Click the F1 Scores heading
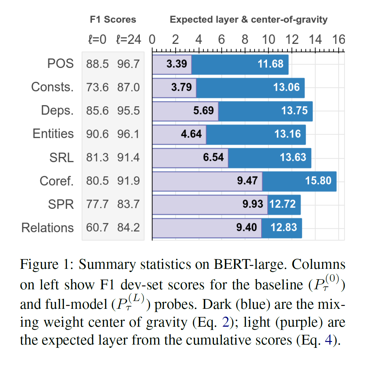113,20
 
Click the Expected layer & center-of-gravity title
248,20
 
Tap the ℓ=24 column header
129,40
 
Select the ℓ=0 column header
97,40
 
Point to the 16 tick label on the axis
338,40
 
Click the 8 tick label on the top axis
245,40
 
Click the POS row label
61,64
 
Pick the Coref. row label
57,181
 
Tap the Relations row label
48,228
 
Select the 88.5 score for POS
97,64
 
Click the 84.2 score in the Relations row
129,228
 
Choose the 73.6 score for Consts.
97,87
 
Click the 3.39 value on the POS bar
176,64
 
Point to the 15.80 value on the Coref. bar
318,181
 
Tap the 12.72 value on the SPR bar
282,204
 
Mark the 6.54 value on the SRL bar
213,157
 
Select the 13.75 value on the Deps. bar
294,111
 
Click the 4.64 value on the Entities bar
191,134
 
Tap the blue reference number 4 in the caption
328,340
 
